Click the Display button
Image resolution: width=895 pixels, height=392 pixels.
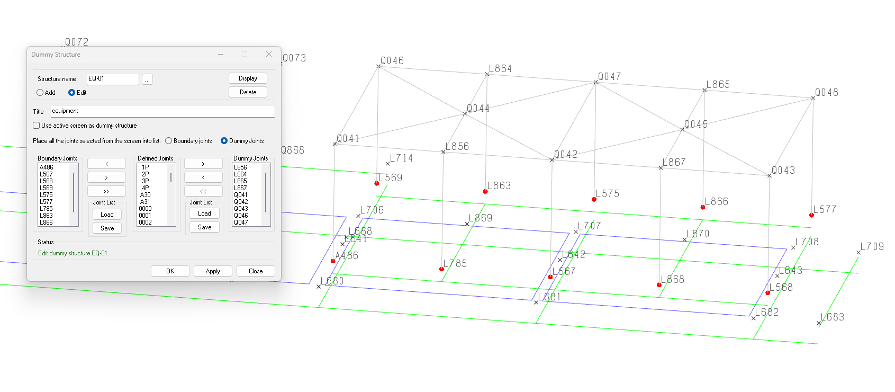coord(248,78)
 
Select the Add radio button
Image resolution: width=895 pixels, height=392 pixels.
coord(40,93)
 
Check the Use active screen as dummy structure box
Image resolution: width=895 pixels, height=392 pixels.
coord(37,126)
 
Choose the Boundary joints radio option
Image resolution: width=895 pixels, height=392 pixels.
coord(169,141)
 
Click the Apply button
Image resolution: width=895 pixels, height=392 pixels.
coord(213,271)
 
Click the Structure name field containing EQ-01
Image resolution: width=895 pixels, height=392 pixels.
coord(112,78)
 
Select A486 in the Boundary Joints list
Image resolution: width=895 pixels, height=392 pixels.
coord(47,167)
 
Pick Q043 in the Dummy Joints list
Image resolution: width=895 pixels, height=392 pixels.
coord(241,209)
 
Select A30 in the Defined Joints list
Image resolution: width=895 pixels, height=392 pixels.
coord(145,195)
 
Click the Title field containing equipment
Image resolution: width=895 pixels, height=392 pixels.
coord(162,111)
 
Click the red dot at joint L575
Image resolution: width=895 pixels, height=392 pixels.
coord(594,200)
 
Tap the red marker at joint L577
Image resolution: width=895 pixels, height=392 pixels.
coord(811,215)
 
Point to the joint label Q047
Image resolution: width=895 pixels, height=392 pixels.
coord(610,77)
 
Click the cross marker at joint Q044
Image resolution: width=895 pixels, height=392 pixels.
coord(465,114)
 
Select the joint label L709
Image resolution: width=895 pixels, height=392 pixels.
coord(872,247)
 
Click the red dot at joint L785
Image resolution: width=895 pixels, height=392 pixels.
coord(441,269)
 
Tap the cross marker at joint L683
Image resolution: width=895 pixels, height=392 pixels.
coord(818,323)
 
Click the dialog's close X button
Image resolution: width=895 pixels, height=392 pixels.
coord(269,54)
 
